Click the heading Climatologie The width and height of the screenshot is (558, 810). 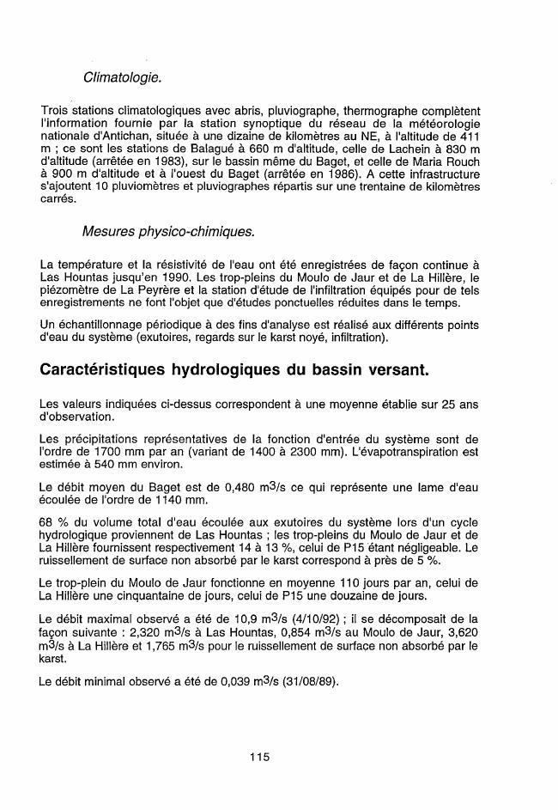point(123,78)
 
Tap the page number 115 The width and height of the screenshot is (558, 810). point(260,757)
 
